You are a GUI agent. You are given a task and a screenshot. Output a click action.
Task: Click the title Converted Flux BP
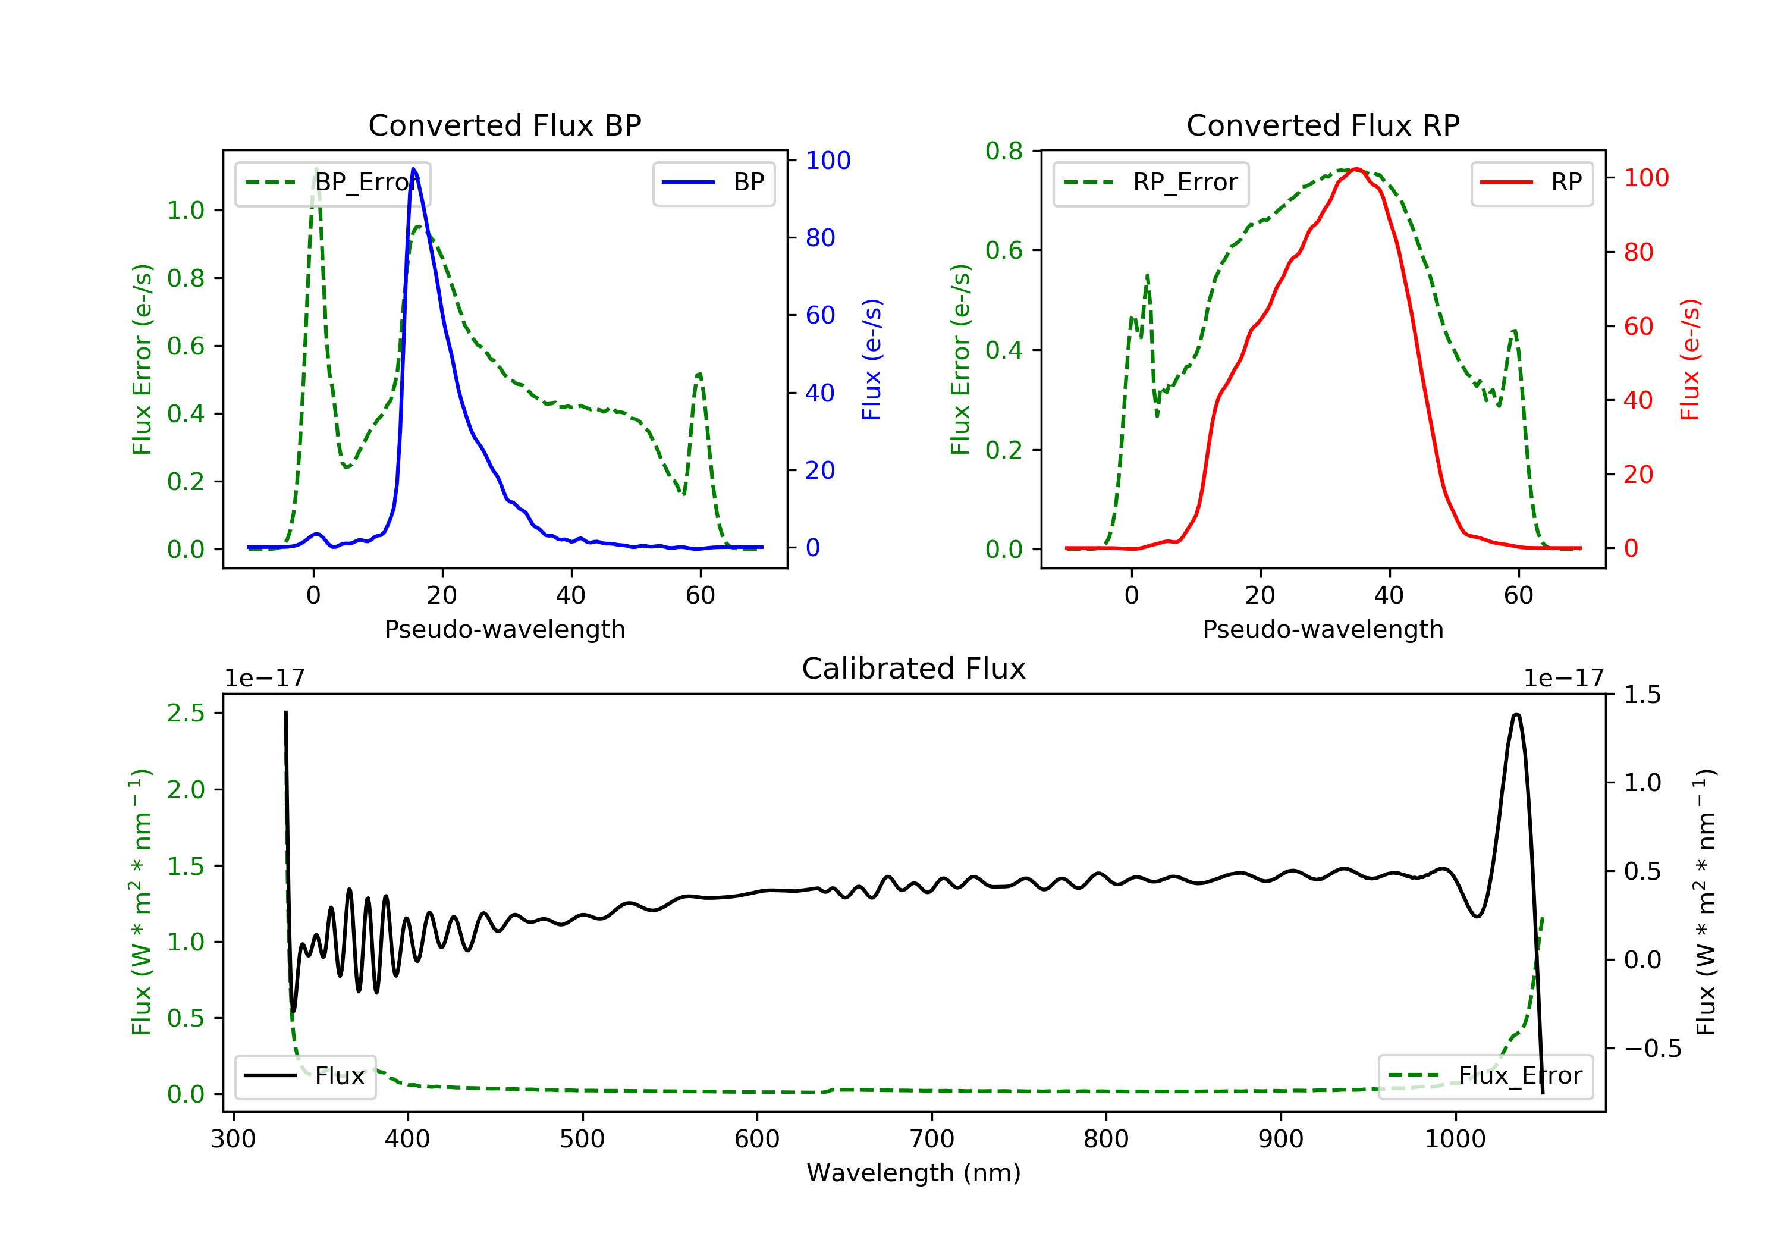(504, 125)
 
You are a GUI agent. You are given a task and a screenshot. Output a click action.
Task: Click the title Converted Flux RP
(1323, 125)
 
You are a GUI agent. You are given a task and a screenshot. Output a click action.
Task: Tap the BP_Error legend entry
(332, 183)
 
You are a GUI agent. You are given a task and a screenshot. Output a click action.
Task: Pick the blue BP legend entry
(713, 183)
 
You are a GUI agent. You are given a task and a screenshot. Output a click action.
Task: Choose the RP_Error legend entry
(1151, 183)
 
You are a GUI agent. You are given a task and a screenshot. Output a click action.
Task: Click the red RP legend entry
(1531, 183)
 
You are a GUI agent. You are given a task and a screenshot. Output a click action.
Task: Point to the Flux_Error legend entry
(1485, 1076)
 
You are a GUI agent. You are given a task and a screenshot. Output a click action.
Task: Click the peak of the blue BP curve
(413, 169)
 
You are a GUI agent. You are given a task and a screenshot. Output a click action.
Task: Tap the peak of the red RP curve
(1356, 169)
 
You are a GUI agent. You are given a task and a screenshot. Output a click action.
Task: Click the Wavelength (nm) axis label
(914, 1173)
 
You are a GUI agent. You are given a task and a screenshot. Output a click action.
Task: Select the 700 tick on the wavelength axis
(932, 1140)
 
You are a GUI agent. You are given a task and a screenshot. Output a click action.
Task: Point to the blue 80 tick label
(821, 238)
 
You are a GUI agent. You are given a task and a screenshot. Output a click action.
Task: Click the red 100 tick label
(1647, 178)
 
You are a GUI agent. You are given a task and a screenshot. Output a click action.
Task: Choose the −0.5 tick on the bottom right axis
(1653, 1049)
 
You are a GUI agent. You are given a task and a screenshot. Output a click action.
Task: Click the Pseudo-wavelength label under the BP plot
(505, 629)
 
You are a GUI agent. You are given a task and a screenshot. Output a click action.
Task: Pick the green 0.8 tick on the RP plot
(1004, 151)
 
